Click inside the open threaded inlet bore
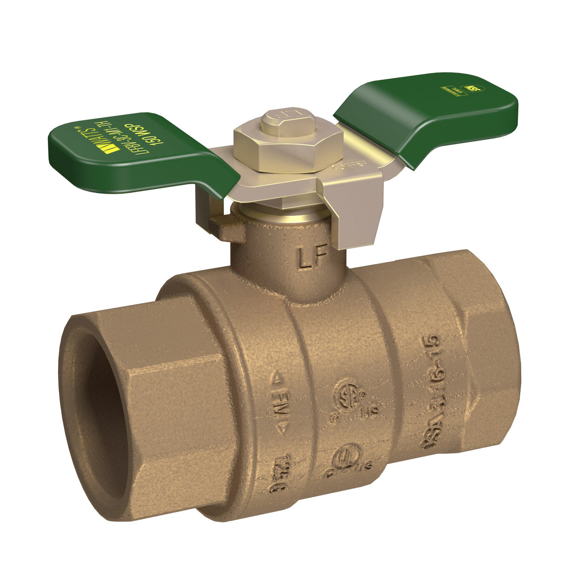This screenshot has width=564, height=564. (x=91, y=409)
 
